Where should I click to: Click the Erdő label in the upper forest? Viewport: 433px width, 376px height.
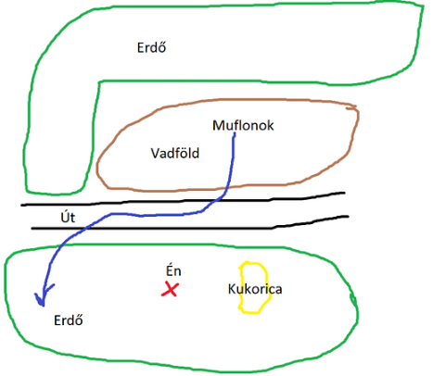pos(151,47)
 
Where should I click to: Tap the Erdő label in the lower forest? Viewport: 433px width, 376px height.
pos(69,320)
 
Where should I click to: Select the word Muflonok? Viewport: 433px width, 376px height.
pos(243,126)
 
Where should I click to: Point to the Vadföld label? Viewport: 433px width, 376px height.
pos(175,153)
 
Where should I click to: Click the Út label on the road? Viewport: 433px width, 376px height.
pos(68,217)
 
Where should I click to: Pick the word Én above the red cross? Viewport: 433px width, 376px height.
pos(173,270)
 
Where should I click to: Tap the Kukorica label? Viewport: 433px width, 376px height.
pos(255,289)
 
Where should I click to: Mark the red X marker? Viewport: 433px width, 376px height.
pos(170,289)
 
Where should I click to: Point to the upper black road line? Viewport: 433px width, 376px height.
pos(183,201)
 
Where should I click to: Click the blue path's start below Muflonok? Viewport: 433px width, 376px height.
pos(235,134)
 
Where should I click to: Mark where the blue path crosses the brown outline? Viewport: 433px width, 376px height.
pos(226,187)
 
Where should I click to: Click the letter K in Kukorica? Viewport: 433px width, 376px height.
pos(232,289)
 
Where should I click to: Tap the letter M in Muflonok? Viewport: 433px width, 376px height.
pos(218,125)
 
